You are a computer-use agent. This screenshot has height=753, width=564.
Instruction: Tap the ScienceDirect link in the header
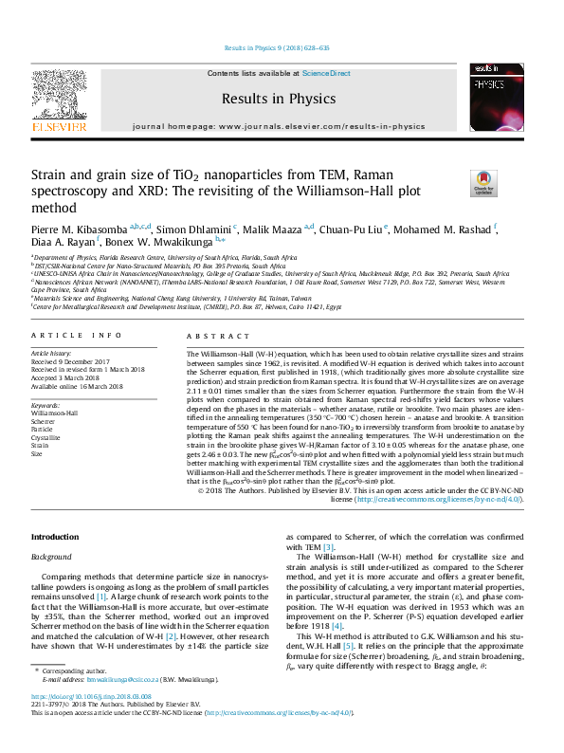326,73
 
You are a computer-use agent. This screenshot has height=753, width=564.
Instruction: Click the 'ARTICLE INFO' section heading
76,336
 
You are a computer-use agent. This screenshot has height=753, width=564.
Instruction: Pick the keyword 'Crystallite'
46,437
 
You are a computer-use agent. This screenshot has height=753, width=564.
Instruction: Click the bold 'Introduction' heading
56,537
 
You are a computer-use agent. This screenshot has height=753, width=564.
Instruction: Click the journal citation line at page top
277,47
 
